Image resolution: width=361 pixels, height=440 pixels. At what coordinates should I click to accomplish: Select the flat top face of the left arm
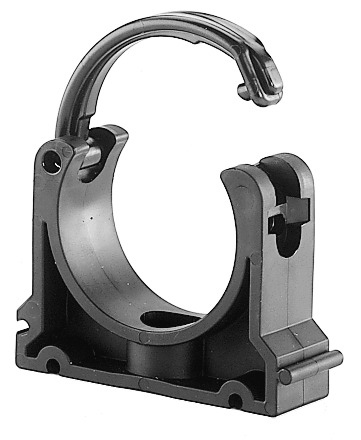click(x=105, y=135)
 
